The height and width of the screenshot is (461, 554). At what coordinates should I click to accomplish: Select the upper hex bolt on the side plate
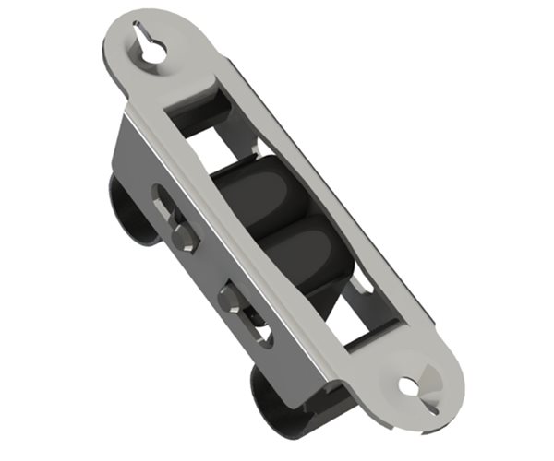coord(182,237)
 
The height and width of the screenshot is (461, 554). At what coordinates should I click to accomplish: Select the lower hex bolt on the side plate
coord(230,299)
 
